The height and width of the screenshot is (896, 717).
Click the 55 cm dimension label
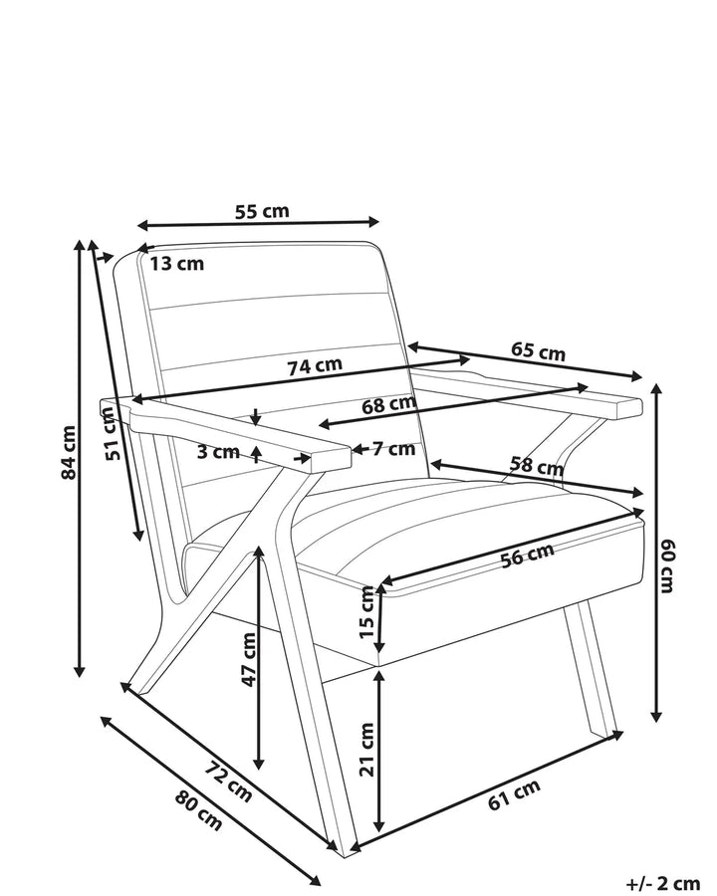pyautogui.click(x=263, y=211)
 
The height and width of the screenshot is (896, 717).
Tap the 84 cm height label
pyautogui.click(x=68, y=453)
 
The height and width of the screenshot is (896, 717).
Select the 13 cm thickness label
pyautogui.click(x=176, y=264)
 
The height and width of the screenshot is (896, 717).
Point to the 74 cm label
pyautogui.click(x=315, y=365)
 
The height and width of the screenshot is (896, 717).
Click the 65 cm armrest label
pyautogui.click(x=538, y=351)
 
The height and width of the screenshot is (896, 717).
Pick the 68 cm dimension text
pyautogui.click(x=388, y=405)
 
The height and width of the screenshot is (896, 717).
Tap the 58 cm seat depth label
pyautogui.click(x=537, y=466)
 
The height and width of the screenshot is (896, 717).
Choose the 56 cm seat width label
pyautogui.click(x=528, y=556)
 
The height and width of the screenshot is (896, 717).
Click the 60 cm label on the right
pyautogui.click(x=667, y=565)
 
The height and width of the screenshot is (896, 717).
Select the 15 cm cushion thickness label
pyautogui.click(x=367, y=611)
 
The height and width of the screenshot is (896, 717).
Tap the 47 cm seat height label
pyautogui.click(x=249, y=660)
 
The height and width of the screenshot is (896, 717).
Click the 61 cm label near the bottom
pyautogui.click(x=514, y=794)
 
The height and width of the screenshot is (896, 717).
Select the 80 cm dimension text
pyautogui.click(x=198, y=809)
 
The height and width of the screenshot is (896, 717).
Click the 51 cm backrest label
pyautogui.click(x=114, y=433)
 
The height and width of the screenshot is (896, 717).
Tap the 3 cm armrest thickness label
pyautogui.click(x=218, y=451)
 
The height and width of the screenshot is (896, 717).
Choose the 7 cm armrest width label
pyautogui.click(x=394, y=449)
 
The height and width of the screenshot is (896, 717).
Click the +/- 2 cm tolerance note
pyautogui.click(x=662, y=883)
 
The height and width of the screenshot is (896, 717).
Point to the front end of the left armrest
pyautogui.click(x=331, y=459)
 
